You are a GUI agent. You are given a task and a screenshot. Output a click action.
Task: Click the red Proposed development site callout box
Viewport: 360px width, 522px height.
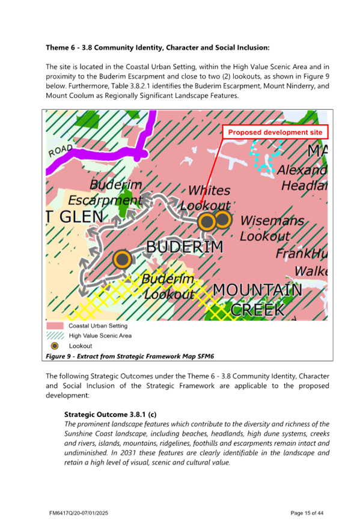point(275,132)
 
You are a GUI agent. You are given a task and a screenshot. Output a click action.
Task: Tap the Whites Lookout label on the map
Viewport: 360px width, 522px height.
point(209,198)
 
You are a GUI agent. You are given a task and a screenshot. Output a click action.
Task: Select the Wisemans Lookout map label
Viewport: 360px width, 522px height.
point(272,228)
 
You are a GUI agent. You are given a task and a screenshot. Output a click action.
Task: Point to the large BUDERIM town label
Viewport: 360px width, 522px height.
point(185,246)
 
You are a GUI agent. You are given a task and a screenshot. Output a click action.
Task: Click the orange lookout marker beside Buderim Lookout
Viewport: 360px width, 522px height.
point(122,259)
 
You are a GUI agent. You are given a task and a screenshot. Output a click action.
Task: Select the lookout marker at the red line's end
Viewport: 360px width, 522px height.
point(207,222)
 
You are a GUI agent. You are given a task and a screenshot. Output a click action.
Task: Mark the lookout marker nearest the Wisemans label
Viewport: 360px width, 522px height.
point(222,220)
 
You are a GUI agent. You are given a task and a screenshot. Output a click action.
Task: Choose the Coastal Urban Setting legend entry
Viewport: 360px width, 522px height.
point(90,325)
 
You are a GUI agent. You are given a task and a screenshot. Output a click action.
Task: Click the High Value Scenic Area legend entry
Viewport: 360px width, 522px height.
point(90,336)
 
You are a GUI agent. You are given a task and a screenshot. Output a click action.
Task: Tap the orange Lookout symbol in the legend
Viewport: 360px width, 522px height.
point(55,346)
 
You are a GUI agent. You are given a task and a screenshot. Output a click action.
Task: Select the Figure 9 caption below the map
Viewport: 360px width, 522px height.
point(130,356)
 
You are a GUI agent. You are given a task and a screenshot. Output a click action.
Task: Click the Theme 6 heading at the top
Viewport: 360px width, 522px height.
point(157,47)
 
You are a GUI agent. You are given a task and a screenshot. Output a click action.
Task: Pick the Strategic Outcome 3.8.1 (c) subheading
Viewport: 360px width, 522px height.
point(110,414)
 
